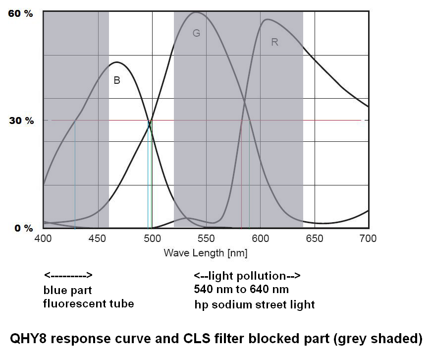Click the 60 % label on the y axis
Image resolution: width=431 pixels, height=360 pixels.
tap(20, 13)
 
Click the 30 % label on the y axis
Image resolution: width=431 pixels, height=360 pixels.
tap(20, 120)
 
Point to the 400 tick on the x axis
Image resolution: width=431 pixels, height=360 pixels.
tap(44, 239)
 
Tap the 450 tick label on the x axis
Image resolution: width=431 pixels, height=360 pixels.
tap(98, 239)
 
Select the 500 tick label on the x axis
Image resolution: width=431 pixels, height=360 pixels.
tap(152, 239)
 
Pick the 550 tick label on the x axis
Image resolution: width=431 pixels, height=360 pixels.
tap(206, 239)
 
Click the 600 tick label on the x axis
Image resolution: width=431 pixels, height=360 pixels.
tap(260, 239)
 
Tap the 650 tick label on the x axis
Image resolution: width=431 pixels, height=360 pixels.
tap(314, 239)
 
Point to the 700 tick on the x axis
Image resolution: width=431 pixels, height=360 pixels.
tap(367, 239)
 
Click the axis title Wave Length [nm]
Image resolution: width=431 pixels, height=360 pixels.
tap(206, 253)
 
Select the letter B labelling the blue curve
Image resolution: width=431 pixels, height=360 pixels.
tap(117, 80)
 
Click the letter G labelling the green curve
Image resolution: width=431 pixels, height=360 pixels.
tap(196, 33)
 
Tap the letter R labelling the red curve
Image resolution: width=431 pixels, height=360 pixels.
tap(274, 42)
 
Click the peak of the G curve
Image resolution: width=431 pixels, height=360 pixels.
tap(196, 12)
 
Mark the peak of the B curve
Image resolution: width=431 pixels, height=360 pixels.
tap(116, 62)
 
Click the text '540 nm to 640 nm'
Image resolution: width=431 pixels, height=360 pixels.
tap(241, 289)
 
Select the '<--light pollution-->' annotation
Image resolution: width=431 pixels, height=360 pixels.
tap(247, 275)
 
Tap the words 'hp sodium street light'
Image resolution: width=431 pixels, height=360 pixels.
tap(255, 304)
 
